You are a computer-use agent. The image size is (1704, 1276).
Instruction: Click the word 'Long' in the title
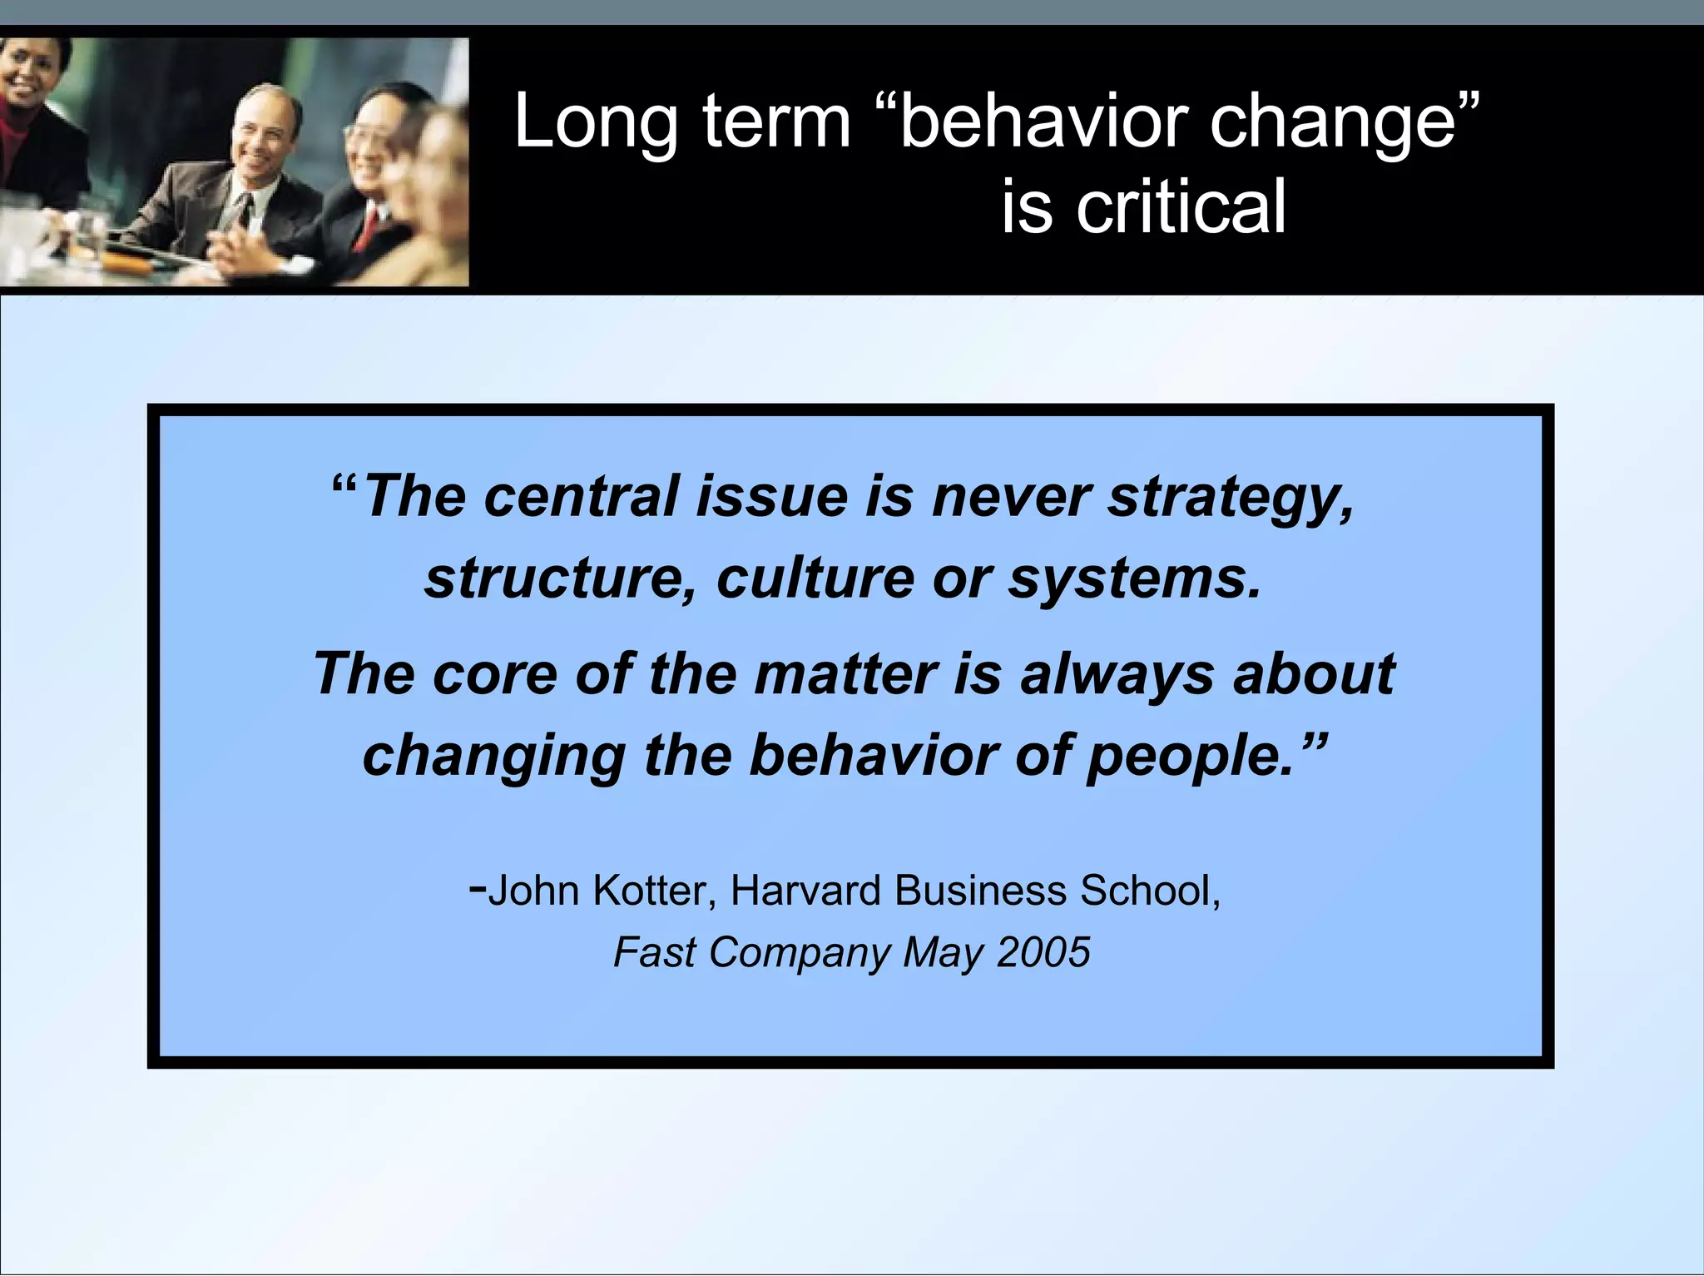point(596,122)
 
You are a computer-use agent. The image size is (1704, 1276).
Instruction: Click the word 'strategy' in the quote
point(1230,497)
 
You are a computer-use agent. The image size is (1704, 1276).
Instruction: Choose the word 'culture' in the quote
point(815,578)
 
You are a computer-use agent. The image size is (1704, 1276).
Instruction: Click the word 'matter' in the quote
point(846,673)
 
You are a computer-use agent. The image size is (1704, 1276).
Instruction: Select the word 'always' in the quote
point(1117,673)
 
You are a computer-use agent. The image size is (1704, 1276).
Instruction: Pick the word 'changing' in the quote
point(494,755)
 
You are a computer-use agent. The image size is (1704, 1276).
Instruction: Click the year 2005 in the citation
point(1043,952)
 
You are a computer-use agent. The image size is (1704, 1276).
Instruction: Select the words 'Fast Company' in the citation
point(752,952)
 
